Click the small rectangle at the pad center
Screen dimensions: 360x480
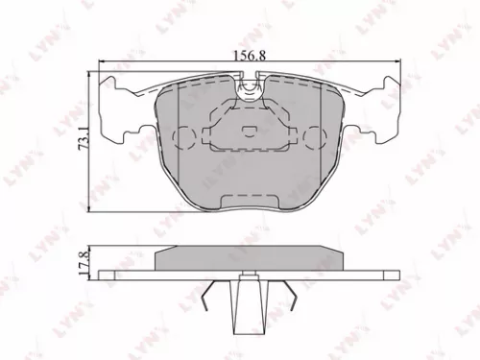point(250,132)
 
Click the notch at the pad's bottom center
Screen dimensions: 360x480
point(250,202)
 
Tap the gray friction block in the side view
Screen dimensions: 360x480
point(250,256)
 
